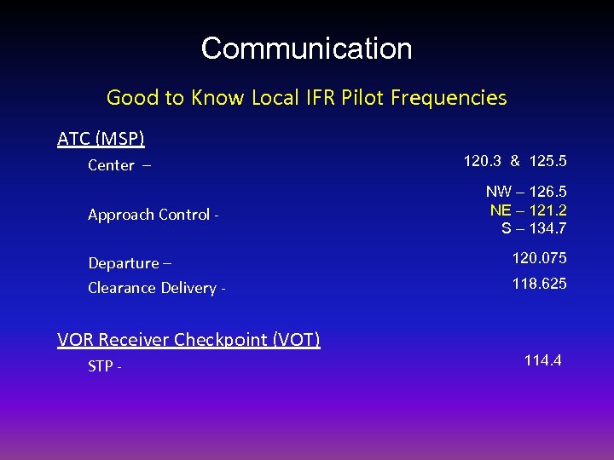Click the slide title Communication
pyautogui.click(x=306, y=49)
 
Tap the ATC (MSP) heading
pyautogui.click(x=101, y=138)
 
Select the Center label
pyautogui.click(x=112, y=165)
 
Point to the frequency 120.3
pyautogui.click(x=482, y=160)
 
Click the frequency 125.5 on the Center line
pyautogui.click(x=547, y=160)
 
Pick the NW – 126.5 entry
pyautogui.click(x=526, y=193)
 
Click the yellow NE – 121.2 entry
pyautogui.click(x=528, y=210)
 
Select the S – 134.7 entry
pyautogui.click(x=534, y=228)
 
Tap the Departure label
pyautogui.click(x=124, y=263)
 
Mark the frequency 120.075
pyautogui.click(x=539, y=258)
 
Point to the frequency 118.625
pyautogui.click(x=539, y=284)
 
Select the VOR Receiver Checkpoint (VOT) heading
pyautogui.click(x=188, y=340)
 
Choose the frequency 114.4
pyautogui.click(x=542, y=361)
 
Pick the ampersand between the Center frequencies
pyautogui.click(x=515, y=160)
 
